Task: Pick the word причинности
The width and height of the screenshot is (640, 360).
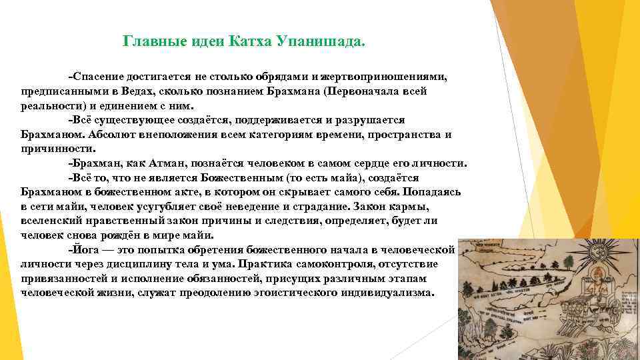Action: (x=54, y=149)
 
